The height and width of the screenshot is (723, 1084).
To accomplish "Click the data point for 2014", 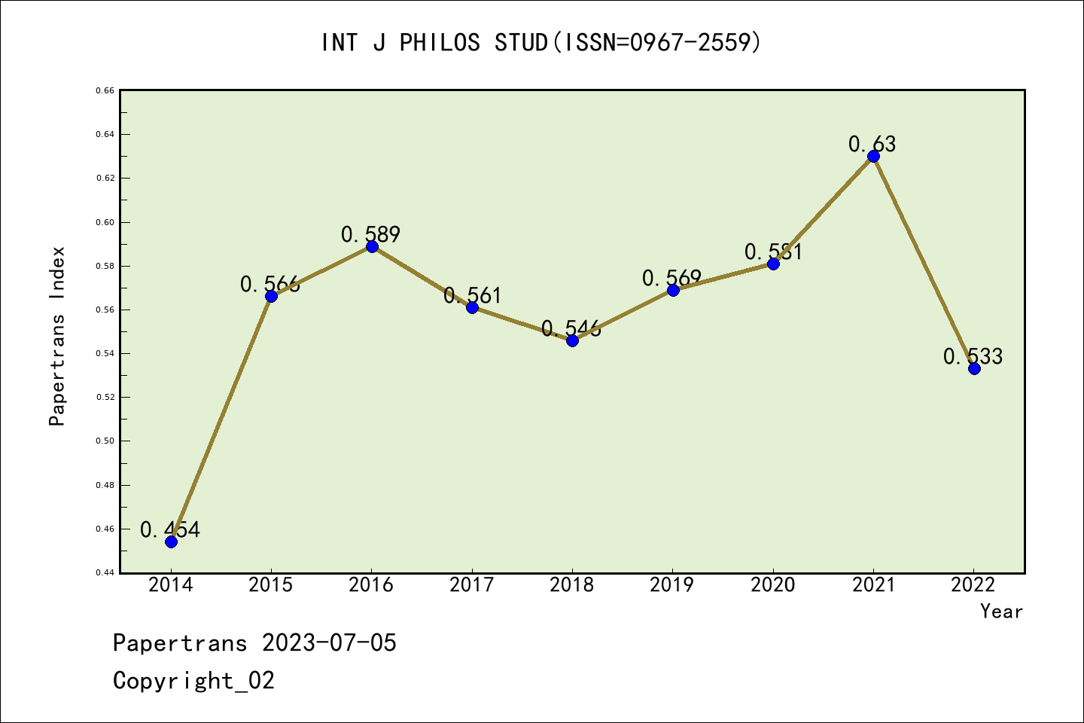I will (171, 541).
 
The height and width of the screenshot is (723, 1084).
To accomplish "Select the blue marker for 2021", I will (873, 156).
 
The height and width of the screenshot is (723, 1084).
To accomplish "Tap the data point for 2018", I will (572, 340).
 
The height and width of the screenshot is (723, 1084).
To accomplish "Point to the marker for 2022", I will (974, 368).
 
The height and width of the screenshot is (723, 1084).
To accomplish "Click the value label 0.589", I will (370, 234).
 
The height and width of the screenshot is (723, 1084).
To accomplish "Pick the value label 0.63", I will (872, 144).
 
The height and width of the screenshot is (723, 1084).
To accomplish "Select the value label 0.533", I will (973, 356).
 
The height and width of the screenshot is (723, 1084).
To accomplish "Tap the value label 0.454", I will (170, 529).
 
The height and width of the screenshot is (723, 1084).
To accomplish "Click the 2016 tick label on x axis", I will (371, 585).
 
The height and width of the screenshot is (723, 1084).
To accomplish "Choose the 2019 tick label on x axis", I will (672, 585).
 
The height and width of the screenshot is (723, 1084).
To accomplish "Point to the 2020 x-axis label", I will (773, 585).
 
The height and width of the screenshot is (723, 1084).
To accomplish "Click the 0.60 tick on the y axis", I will (105, 222).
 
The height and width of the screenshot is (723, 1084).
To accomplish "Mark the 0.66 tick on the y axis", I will (105, 90).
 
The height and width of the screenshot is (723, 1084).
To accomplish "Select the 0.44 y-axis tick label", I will (105, 573).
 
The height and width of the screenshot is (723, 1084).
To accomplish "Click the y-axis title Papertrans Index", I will (57, 336).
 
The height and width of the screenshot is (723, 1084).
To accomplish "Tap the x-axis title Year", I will (1001, 612).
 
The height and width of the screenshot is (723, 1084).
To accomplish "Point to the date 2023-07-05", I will (329, 643).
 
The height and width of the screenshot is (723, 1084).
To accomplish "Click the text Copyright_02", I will (193, 681).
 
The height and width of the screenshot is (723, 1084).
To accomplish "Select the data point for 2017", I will (472, 307).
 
